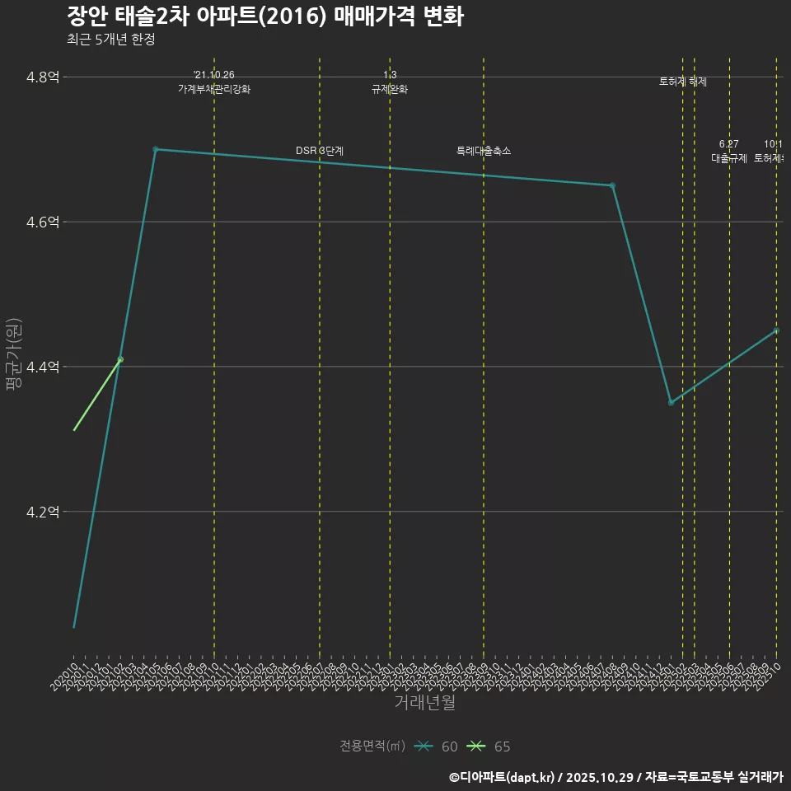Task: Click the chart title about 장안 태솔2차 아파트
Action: click(x=264, y=16)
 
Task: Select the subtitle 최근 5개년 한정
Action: click(x=110, y=40)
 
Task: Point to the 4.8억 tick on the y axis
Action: click(x=43, y=77)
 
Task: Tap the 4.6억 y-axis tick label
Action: click(x=43, y=222)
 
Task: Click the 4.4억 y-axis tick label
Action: click(x=43, y=367)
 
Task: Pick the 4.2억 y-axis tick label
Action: click(x=43, y=512)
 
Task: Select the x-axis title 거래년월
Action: click(x=424, y=703)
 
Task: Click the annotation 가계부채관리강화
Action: click(x=214, y=89)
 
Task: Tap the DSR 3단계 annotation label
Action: click(x=320, y=151)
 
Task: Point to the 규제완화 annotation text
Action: click(x=390, y=89)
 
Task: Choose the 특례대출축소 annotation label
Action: click(x=484, y=151)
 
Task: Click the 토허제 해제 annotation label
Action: click(x=683, y=82)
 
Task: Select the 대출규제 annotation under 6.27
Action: click(x=729, y=158)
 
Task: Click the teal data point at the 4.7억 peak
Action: click(x=156, y=149)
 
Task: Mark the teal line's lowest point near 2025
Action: click(x=671, y=402)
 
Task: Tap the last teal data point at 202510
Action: click(x=776, y=330)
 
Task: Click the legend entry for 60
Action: click(x=437, y=747)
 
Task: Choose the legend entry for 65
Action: click(x=489, y=747)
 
